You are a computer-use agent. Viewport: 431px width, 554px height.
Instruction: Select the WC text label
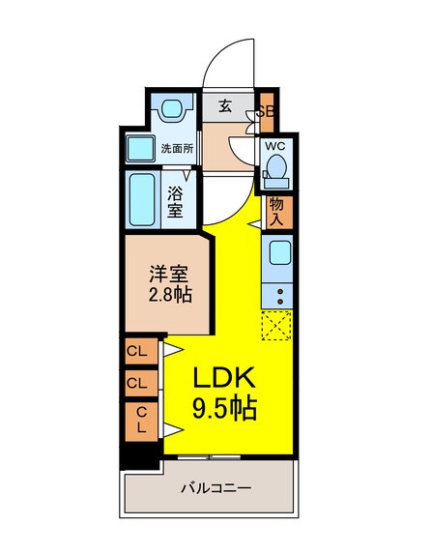coord(274,146)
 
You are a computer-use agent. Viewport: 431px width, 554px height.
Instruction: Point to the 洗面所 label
coord(177,149)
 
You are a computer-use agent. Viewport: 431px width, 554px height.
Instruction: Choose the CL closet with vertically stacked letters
coord(141,420)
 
